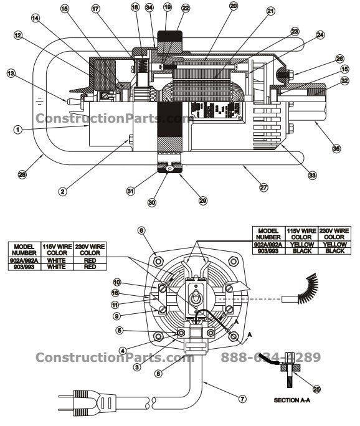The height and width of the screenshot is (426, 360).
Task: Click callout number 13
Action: pyautogui.click(x=11, y=73)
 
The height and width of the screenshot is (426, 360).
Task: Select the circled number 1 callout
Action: pyautogui.click(x=18, y=130)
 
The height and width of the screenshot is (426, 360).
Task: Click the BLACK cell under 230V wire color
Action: pyautogui.click(x=334, y=251)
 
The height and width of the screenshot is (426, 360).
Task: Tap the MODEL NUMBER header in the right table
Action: pyautogui.click(x=268, y=234)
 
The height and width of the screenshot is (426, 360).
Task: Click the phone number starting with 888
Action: pyautogui.click(x=270, y=357)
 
